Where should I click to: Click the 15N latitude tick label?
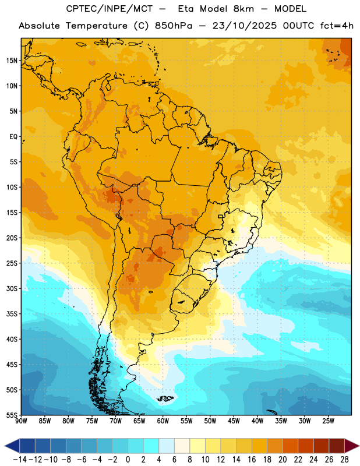12,61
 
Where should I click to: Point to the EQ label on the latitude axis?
13,137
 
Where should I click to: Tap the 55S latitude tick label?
12,415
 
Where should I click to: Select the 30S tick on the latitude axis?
12,288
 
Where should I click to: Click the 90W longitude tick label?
22,421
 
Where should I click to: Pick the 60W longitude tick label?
163,421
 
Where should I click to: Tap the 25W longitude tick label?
328,421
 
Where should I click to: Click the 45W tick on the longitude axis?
234,421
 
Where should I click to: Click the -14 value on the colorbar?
20,460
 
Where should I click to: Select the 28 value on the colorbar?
344,460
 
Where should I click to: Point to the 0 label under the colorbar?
128,460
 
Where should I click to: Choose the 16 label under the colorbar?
252,460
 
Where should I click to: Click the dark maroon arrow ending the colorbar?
352,446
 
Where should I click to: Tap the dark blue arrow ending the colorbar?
12,446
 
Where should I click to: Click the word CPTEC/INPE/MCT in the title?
110,9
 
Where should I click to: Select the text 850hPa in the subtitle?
174,26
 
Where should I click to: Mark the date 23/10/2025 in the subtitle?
244,26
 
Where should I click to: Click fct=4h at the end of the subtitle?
337,26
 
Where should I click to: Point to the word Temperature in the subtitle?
96,26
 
